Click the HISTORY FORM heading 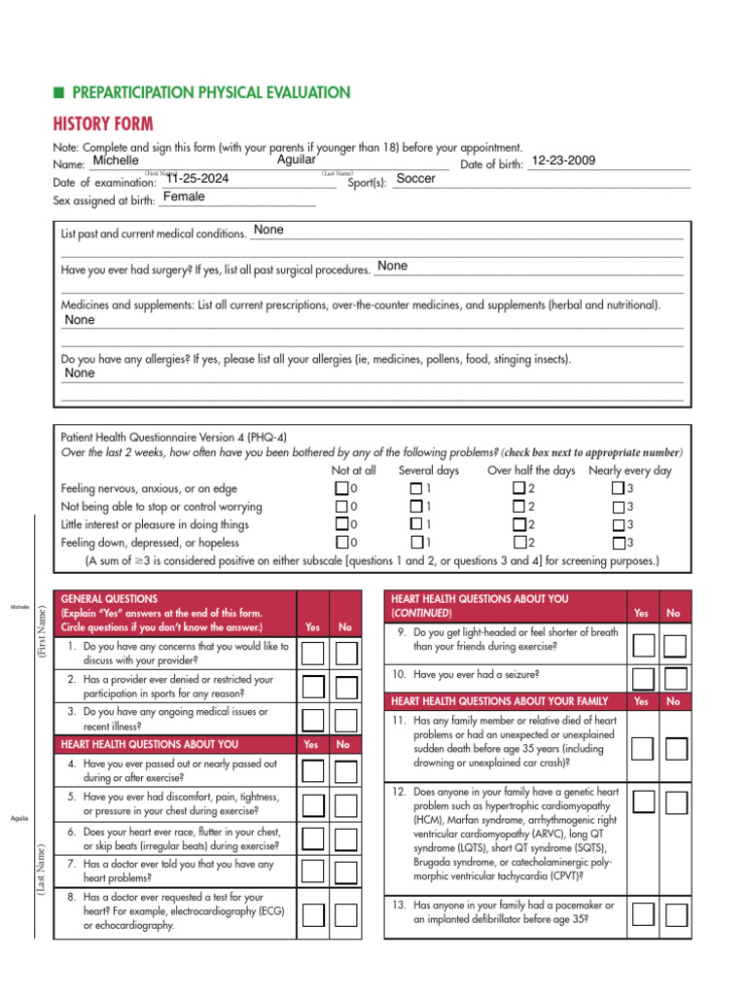(102, 124)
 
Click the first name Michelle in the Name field (116, 160)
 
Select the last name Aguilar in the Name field (297, 160)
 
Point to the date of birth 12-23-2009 (564, 160)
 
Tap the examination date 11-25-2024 (197, 179)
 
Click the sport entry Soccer (416, 179)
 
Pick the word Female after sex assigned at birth (184, 196)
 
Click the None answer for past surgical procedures (392, 266)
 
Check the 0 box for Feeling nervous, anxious (341, 488)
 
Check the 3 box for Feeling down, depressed (618, 543)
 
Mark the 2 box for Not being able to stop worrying (519, 507)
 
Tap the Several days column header (428, 471)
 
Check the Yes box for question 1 (313, 653)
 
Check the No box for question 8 (346, 914)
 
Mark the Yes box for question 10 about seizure (643, 678)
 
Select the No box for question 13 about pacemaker (676, 913)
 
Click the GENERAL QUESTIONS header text (109, 599)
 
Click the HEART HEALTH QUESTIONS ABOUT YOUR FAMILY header (499, 701)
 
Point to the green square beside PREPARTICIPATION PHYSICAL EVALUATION (57, 92)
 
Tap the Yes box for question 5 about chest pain (313, 805)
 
